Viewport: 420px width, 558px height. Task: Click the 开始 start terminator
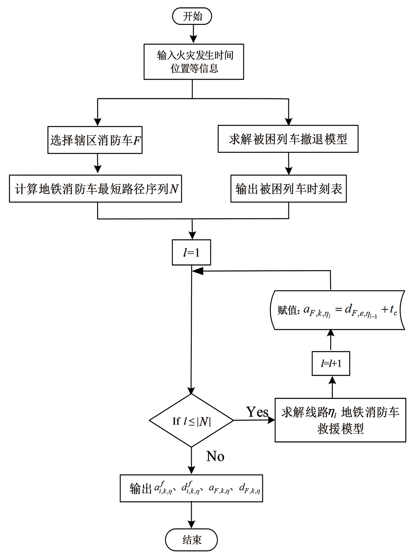[192, 16]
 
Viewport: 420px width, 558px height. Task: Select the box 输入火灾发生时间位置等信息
[193, 62]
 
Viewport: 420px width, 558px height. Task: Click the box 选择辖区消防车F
[95, 140]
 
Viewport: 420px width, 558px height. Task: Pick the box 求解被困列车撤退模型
[288, 139]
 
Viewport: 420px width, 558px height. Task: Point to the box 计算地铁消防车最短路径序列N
[96, 189]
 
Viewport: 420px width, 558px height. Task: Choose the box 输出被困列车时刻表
[288, 189]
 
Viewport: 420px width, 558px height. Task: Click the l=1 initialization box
[191, 253]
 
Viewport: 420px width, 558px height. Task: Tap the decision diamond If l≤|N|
[192, 421]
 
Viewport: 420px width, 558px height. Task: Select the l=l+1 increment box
[331, 363]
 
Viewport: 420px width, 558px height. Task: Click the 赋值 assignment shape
[337, 310]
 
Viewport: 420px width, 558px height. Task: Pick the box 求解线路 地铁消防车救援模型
[340, 420]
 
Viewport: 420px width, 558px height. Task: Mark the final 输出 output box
[192, 489]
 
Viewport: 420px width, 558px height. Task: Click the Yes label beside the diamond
[257, 412]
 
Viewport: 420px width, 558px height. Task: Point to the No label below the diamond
[215, 457]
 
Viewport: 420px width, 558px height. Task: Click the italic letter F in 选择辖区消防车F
[137, 140]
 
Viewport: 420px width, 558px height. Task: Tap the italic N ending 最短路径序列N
[174, 189]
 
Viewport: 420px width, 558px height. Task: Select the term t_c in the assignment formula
[393, 310]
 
